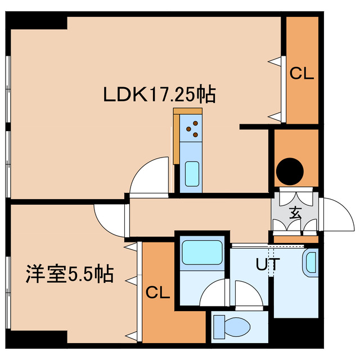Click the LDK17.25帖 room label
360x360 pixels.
click(x=158, y=94)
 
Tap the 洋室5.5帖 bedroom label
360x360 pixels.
click(x=69, y=274)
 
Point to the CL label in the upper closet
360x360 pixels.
click(x=301, y=73)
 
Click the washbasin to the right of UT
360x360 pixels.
click(x=310, y=263)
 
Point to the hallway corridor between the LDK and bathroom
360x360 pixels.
click(x=197, y=213)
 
